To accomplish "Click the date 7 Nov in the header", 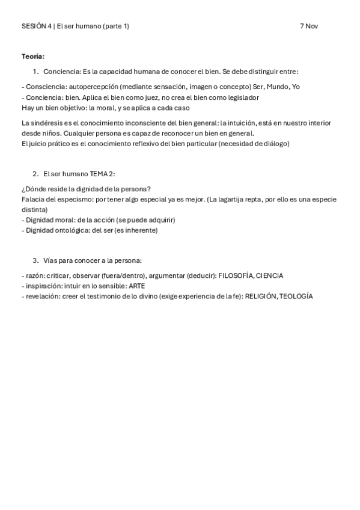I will tap(309, 26).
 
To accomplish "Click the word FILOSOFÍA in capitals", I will tap(237, 275).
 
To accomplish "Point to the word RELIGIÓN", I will tap(260, 296).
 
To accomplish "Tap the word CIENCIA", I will tap(269, 275).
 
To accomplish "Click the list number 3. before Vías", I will tap(35, 260).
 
